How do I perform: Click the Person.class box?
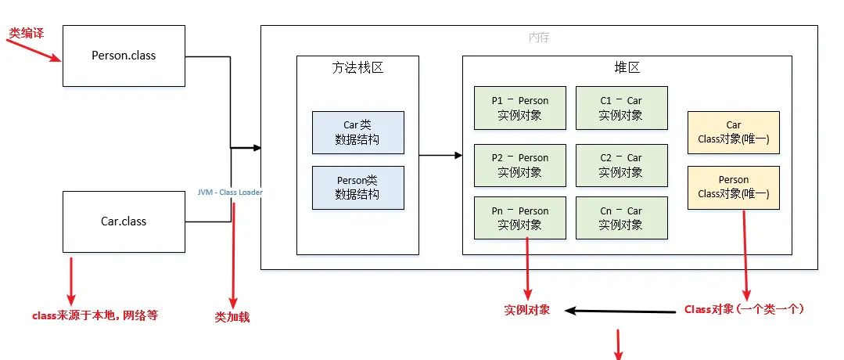tap(124, 56)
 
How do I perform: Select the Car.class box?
tap(124, 221)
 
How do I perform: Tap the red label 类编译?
tap(26, 34)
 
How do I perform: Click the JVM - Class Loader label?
tap(230, 193)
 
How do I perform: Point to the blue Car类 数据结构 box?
tap(357, 132)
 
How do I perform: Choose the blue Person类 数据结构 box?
tap(357, 187)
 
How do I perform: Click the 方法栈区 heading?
tap(357, 68)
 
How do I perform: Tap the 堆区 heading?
tap(627, 68)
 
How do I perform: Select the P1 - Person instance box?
tap(520, 107)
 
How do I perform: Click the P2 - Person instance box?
tap(520, 164)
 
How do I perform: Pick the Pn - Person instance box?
tap(520, 218)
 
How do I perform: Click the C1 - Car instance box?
tap(621, 107)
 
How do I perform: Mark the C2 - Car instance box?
tap(621, 164)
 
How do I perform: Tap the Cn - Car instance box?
tap(621, 218)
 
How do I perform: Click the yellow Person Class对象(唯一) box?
tap(733, 187)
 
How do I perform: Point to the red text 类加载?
tap(232, 318)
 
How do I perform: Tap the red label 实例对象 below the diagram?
tap(526, 310)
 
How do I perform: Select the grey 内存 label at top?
tap(540, 38)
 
